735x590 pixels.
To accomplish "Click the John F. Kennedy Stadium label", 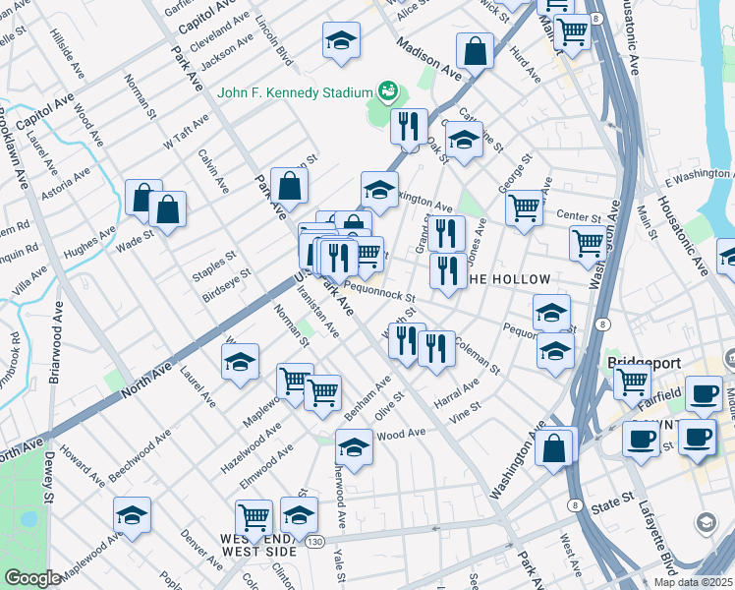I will tap(295, 94).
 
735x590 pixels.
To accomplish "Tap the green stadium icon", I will tap(387, 92).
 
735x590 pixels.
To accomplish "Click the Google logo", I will tap(33, 578).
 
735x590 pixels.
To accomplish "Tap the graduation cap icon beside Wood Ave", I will tap(354, 446).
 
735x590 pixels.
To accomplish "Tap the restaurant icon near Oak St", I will tap(408, 125).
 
